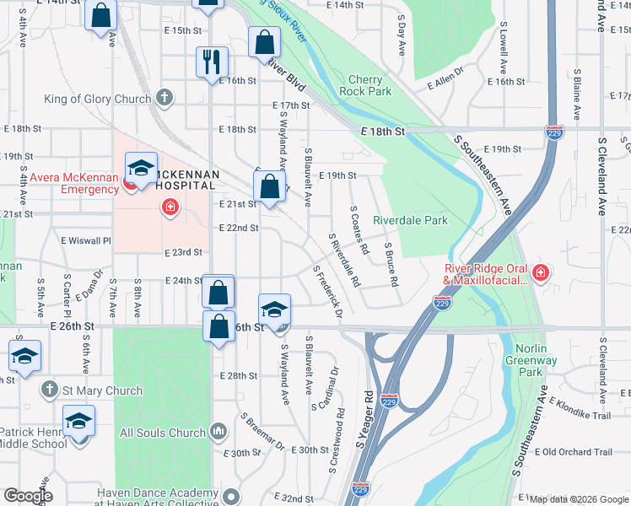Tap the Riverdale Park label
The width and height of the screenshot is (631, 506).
tap(410, 220)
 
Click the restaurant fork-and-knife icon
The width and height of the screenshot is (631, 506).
tap(211, 62)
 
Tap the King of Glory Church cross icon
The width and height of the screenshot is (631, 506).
tap(164, 99)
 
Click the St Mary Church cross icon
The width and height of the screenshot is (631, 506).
tap(50, 390)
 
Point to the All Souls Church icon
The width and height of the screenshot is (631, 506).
tap(218, 433)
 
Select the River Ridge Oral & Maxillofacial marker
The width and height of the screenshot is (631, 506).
tap(540, 273)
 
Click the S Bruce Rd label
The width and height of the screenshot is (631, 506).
tap(391, 265)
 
